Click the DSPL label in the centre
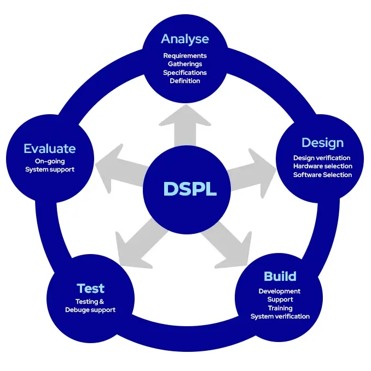coord(190,189)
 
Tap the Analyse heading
coord(185,39)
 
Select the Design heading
coord(323,143)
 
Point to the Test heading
coord(90,288)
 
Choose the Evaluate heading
coord(50,149)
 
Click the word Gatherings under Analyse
coord(185,64)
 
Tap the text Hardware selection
coord(323,166)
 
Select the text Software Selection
coord(323,175)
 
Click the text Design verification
coord(322,158)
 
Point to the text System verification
coord(280,316)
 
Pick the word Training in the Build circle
coord(280,308)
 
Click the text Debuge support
coord(90,310)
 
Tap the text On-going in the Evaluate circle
coord(50,161)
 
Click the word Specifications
coord(185,72)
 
